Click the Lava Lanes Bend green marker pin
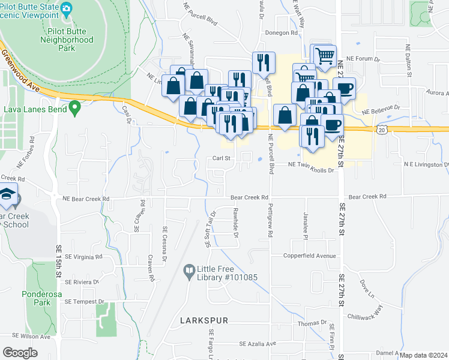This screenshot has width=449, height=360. click(74, 109)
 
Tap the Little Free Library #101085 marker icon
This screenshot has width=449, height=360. click(189, 271)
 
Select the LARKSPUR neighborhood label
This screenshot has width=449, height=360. click(204, 321)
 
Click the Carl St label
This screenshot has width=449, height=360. click(221, 158)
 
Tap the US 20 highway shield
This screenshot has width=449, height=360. click(382, 129)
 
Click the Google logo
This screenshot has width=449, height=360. click(20, 352)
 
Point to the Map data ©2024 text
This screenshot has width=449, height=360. click(424, 355)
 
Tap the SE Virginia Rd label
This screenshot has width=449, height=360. click(83, 256)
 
